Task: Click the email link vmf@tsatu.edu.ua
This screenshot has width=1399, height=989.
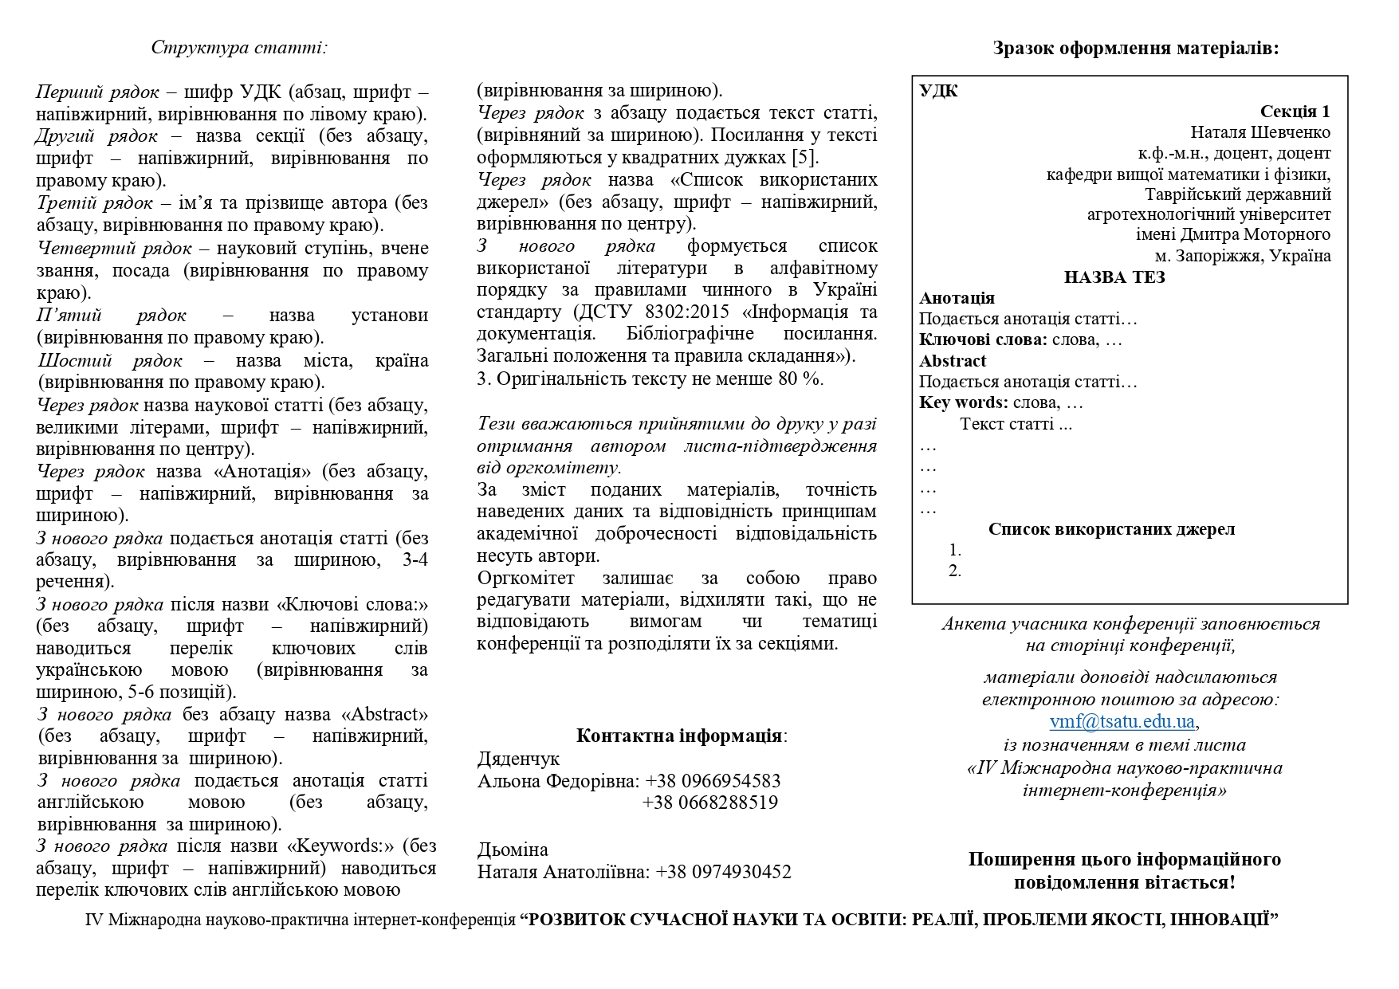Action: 1122,722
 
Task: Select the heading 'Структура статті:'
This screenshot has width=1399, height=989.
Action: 239,47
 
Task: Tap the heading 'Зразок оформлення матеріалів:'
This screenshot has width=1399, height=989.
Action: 1136,48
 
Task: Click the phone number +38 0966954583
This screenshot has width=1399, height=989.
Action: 713,780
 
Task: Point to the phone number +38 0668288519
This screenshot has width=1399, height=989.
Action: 710,803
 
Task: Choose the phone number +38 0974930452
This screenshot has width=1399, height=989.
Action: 723,872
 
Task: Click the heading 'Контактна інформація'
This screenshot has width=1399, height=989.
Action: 679,735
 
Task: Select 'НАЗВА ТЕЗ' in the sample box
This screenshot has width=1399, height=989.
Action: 1114,277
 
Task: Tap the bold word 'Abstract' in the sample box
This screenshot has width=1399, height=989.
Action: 953,361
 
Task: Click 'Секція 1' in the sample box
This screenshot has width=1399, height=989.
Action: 1295,112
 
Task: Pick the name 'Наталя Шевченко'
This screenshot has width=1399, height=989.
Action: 1260,132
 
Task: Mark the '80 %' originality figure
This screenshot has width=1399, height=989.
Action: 800,379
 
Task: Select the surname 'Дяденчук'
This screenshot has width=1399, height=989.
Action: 518,759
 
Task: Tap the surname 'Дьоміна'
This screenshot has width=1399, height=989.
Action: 513,850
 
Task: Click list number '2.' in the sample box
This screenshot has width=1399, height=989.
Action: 955,571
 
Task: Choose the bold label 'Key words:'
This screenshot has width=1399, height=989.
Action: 963,402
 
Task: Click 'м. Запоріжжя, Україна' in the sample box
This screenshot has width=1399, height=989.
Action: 1243,256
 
